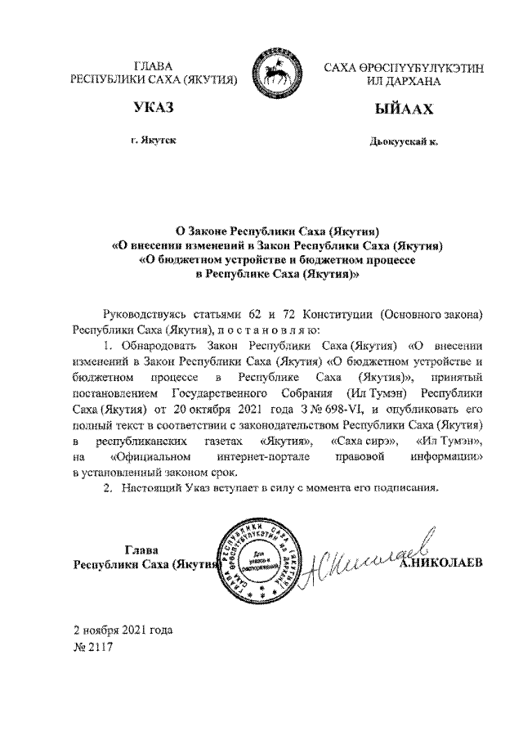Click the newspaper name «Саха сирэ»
[364, 442]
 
